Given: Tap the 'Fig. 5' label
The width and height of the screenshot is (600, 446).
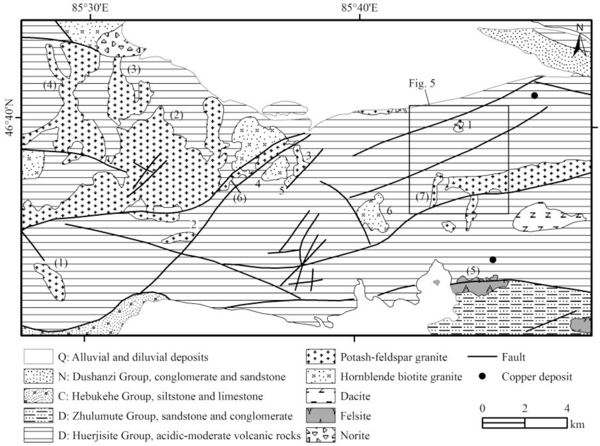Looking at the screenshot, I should [422, 83].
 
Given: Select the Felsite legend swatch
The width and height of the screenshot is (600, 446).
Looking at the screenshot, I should [320, 416].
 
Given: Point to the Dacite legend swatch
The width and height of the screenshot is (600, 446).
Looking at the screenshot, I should [320, 396].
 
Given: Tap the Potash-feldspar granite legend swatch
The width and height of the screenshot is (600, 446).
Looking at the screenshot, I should [320, 357].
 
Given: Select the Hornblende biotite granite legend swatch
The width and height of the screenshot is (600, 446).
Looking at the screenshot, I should [320, 376].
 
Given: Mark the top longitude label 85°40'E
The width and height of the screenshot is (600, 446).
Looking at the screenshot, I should [359, 8].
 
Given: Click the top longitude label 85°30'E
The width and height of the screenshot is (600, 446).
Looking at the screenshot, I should [90, 8].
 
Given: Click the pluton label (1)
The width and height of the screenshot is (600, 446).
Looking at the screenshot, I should [60, 263].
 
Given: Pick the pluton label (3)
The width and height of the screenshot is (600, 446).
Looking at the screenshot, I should [134, 70].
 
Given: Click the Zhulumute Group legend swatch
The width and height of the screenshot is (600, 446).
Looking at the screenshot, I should [38, 416].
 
